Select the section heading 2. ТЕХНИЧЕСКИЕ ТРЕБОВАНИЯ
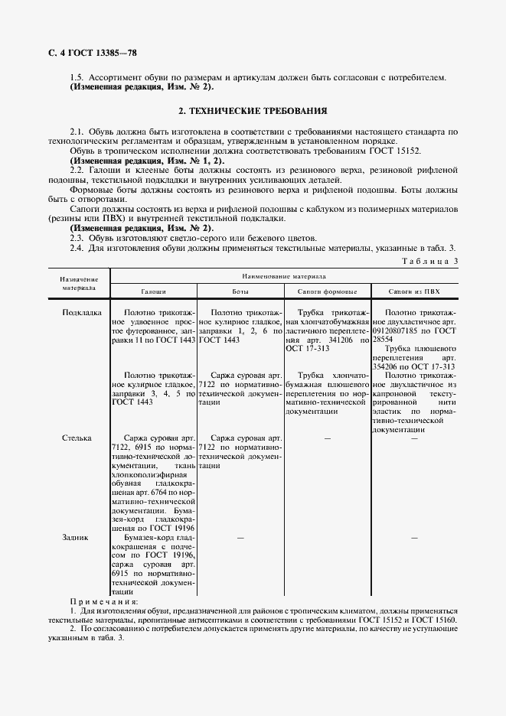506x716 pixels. [253, 111]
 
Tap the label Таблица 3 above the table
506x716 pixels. [429, 262]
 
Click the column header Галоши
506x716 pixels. [153, 292]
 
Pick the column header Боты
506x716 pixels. [240, 292]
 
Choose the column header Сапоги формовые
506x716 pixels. [327, 292]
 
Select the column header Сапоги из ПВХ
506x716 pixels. [414, 292]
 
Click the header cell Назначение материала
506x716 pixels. [79, 283]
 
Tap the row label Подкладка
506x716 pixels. [81, 312]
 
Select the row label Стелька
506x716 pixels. [77, 438]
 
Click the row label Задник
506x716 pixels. [75, 538]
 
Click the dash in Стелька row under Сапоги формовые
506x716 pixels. [327, 438]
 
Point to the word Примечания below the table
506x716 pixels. [100, 602]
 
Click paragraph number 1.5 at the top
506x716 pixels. [77, 78]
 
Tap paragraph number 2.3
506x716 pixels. [77, 238]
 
